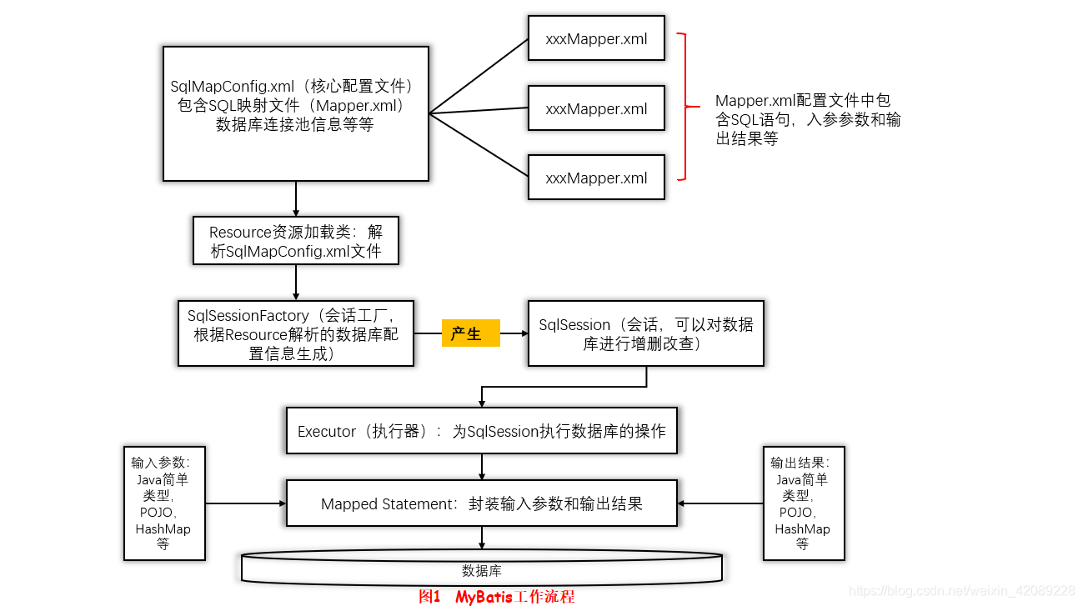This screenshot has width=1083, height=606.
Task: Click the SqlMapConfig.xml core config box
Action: click(x=295, y=113)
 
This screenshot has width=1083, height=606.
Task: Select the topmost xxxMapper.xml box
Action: click(x=596, y=38)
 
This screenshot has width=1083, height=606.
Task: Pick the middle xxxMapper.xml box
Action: click(x=596, y=108)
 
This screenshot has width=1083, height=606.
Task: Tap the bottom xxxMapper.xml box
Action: click(x=596, y=178)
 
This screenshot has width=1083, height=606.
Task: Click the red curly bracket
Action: click(x=685, y=107)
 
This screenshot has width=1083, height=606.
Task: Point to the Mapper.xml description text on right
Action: click(x=807, y=119)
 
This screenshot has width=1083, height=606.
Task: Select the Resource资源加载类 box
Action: click(x=295, y=241)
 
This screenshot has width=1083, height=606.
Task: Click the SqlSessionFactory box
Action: click(x=295, y=333)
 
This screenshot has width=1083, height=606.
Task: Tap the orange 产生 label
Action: click(x=470, y=333)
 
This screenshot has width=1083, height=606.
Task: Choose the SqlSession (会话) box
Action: click(x=645, y=333)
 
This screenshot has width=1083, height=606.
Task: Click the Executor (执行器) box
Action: click(x=481, y=431)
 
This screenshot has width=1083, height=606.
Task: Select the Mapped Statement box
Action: click(x=481, y=503)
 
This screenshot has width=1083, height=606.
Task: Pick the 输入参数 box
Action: click(x=163, y=503)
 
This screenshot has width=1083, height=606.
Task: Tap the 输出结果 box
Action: click(x=803, y=503)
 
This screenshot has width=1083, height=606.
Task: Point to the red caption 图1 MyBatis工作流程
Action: click(x=496, y=597)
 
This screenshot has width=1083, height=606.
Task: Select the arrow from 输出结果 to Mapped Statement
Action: click(x=720, y=503)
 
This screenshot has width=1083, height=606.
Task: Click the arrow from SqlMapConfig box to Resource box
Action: click(x=296, y=199)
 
